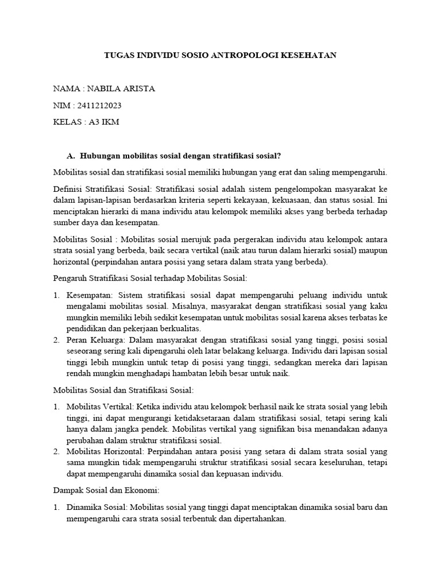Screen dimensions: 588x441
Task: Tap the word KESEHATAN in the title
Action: [x=308, y=55]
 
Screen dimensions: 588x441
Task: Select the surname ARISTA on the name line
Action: [x=137, y=89]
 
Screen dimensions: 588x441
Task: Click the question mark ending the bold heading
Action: [x=279, y=156]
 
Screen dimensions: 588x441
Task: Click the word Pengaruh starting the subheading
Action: [x=70, y=278]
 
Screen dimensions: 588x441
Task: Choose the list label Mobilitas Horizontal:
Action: [x=106, y=452]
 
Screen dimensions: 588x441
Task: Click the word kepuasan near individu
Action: [x=219, y=474]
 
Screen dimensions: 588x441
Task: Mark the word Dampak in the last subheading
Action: [x=68, y=491]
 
